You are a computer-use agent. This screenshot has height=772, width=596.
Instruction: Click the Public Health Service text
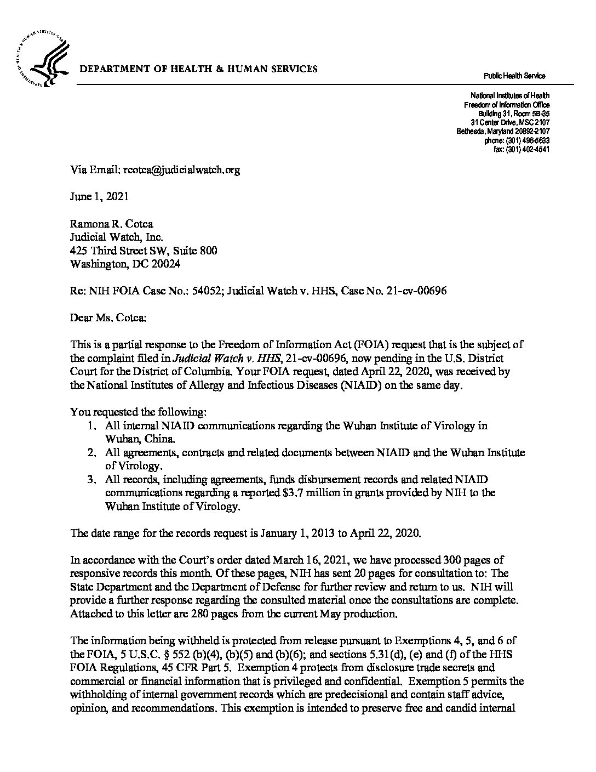pos(514,76)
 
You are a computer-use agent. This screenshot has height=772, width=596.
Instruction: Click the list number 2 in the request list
pos(93,453)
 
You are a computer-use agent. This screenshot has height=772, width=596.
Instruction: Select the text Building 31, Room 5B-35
pos(514,113)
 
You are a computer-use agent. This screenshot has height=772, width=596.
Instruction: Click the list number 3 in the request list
pos(93,479)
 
